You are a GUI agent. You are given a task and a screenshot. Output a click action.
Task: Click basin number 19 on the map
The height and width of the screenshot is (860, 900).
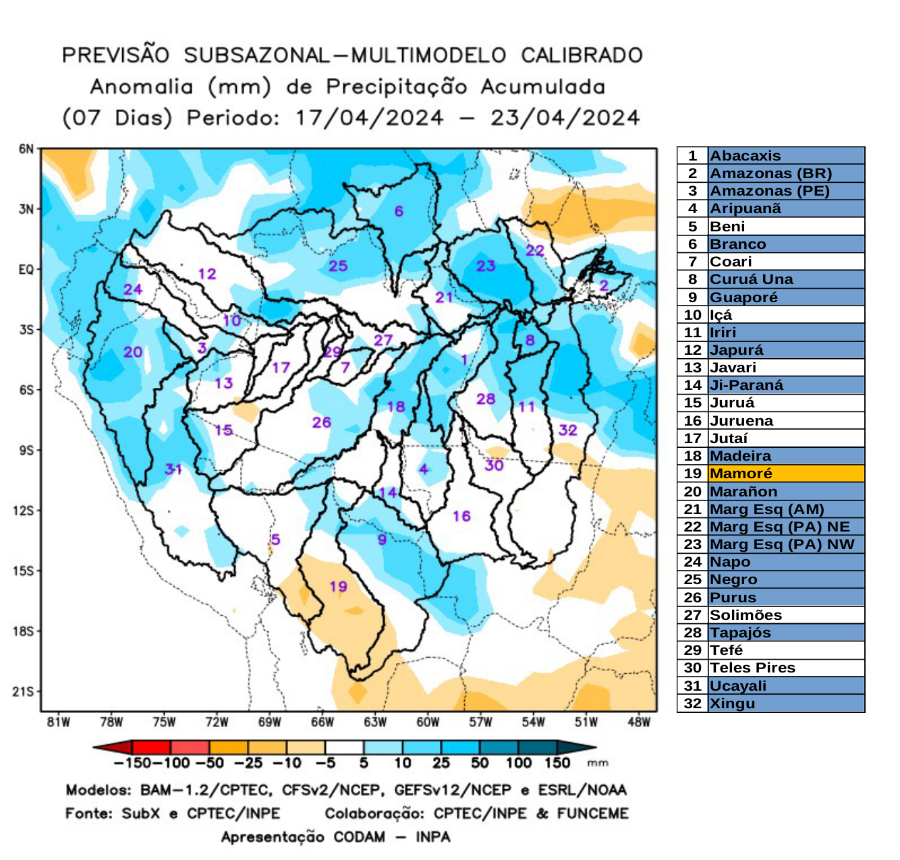pyautogui.click(x=339, y=586)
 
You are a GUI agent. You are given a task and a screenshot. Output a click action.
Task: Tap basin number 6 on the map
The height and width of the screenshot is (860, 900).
pyautogui.click(x=399, y=211)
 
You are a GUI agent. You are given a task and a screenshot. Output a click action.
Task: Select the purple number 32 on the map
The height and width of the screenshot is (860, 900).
pyautogui.click(x=567, y=430)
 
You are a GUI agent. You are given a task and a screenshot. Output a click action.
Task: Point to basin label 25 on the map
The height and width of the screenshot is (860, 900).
pyautogui.click(x=338, y=266)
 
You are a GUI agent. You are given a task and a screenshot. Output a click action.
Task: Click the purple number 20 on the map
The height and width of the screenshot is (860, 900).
pyautogui.click(x=133, y=351)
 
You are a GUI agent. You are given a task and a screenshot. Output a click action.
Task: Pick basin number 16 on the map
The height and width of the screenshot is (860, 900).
pyautogui.click(x=461, y=516)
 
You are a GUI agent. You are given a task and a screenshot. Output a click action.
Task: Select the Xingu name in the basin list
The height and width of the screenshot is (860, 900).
pyautogui.click(x=732, y=704)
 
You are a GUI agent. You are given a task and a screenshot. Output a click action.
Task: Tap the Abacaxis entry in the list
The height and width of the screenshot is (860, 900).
pyautogui.click(x=745, y=156)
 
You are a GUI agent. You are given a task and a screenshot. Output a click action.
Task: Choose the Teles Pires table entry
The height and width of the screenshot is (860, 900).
pyautogui.click(x=752, y=668)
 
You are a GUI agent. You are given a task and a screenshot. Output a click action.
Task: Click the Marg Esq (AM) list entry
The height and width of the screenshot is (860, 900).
pyautogui.click(x=766, y=509)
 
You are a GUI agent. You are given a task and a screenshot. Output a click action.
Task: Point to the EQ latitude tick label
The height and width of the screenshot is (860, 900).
pyautogui.click(x=26, y=270)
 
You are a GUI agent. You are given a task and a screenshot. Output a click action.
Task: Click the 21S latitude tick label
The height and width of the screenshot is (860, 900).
pyautogui.click(x=23, y=691)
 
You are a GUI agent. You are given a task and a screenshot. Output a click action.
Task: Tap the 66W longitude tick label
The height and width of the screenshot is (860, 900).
pyautogui.click(x=322, y=722)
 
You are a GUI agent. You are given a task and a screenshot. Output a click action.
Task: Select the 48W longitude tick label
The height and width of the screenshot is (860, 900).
pyautogui.click(x=638, y=722)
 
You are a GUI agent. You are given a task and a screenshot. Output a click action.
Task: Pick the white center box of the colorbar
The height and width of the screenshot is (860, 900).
pyautogui.click(x=344, y=747)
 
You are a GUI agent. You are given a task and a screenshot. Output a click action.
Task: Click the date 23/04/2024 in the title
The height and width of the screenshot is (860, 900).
pyautogui.click(x=565, y=118)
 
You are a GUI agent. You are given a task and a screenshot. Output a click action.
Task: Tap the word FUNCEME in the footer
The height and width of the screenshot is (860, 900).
pyautogui.click(x=592, y=813)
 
